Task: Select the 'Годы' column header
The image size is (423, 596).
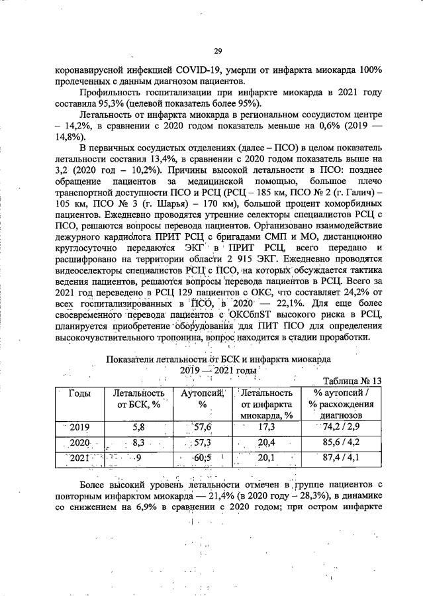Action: (80, 393)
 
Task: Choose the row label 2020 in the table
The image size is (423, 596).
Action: (79, 442)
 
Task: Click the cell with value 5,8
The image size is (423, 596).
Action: (138, 426)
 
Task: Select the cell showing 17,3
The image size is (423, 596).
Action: (266, 426)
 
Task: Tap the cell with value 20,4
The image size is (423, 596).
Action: (267, 442)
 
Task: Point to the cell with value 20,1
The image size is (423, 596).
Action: (267, 457)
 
